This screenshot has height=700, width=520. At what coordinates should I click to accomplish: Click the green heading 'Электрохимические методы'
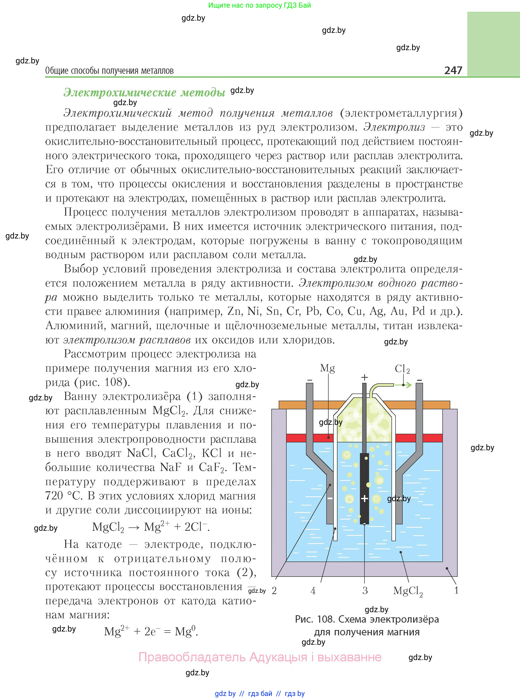144,92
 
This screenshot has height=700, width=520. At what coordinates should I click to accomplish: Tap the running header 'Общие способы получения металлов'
109,71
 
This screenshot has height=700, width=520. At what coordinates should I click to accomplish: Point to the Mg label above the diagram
327,368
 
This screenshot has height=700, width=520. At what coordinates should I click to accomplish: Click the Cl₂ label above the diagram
402,369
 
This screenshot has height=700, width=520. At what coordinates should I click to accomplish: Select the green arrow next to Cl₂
407,385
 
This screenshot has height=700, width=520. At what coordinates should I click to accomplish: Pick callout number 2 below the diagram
274,591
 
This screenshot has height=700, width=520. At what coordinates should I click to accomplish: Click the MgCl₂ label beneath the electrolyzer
408,591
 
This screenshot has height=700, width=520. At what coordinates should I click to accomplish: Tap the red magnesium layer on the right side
419,438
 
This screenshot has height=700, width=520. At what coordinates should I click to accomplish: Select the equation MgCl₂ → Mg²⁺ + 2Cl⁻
151,527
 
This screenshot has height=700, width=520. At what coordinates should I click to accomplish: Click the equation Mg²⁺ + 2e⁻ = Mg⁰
151,631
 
